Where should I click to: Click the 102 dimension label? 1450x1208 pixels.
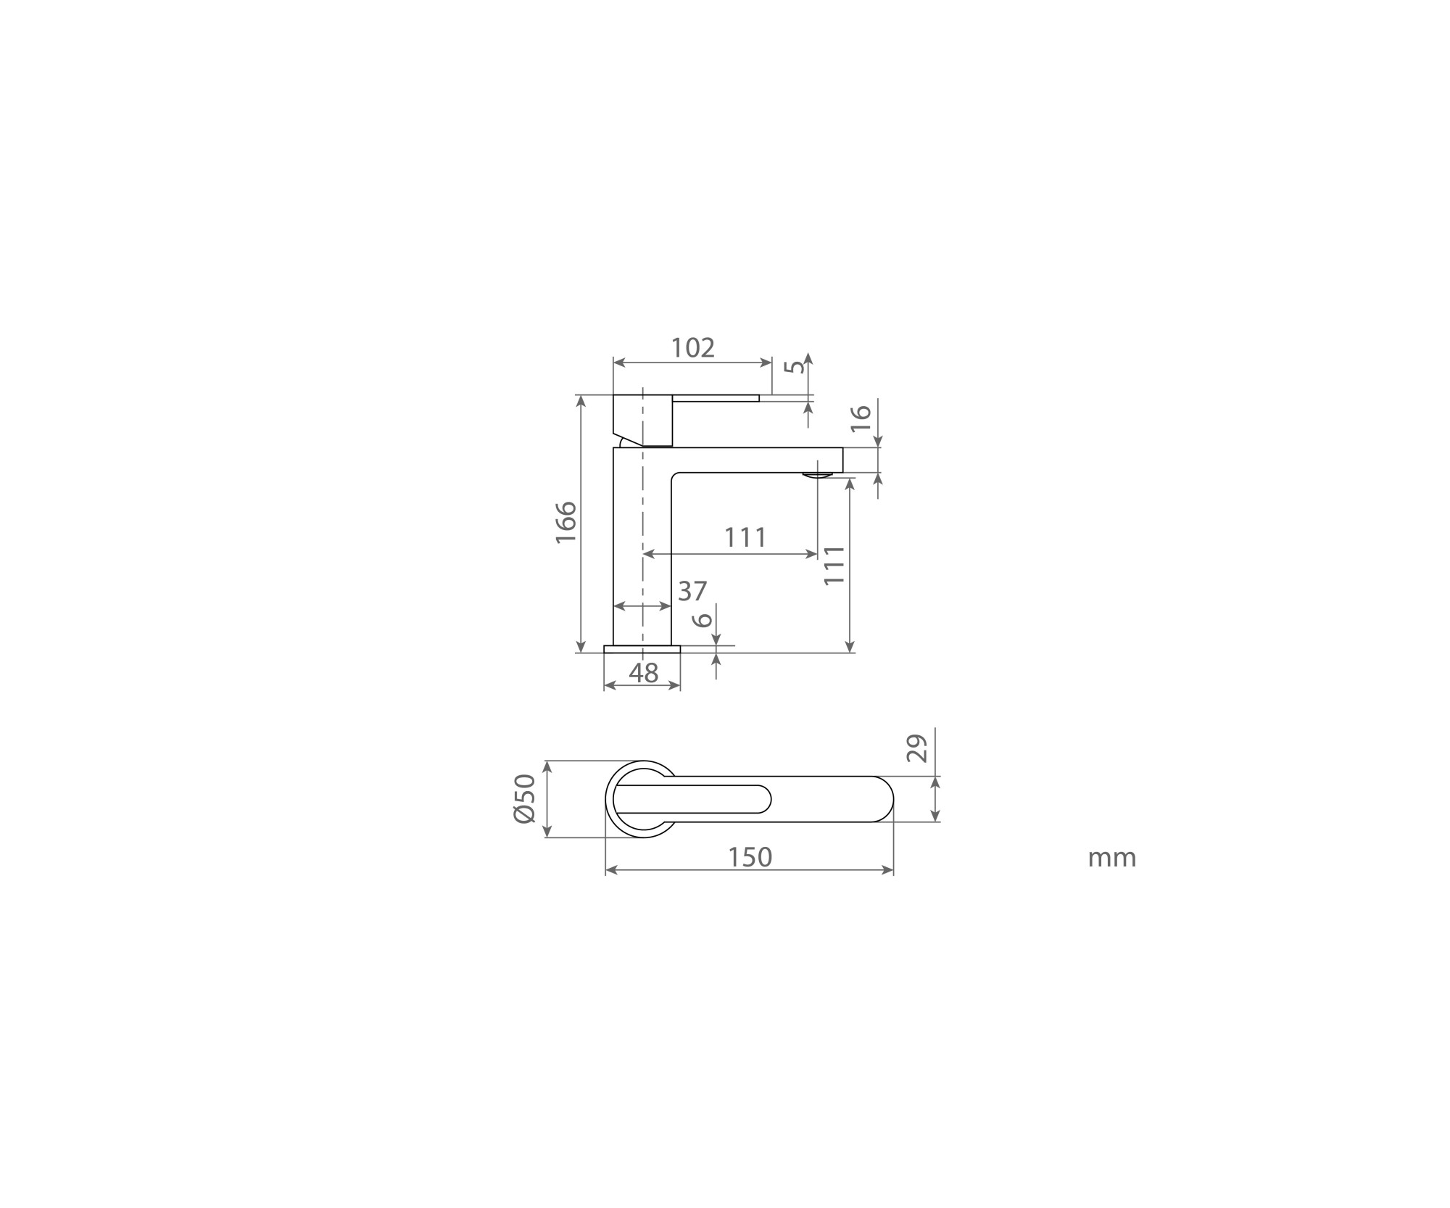693,348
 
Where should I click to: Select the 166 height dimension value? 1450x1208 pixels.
565,522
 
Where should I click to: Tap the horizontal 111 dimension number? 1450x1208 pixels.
745,537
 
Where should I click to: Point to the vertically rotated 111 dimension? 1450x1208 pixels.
835,565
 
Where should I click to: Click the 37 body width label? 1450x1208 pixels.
692,592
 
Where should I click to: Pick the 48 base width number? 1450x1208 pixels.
643,674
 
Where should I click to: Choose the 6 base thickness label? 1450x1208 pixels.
702,620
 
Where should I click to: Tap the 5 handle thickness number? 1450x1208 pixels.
796,366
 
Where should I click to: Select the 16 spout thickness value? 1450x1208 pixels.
860,418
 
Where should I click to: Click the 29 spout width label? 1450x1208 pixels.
917,748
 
